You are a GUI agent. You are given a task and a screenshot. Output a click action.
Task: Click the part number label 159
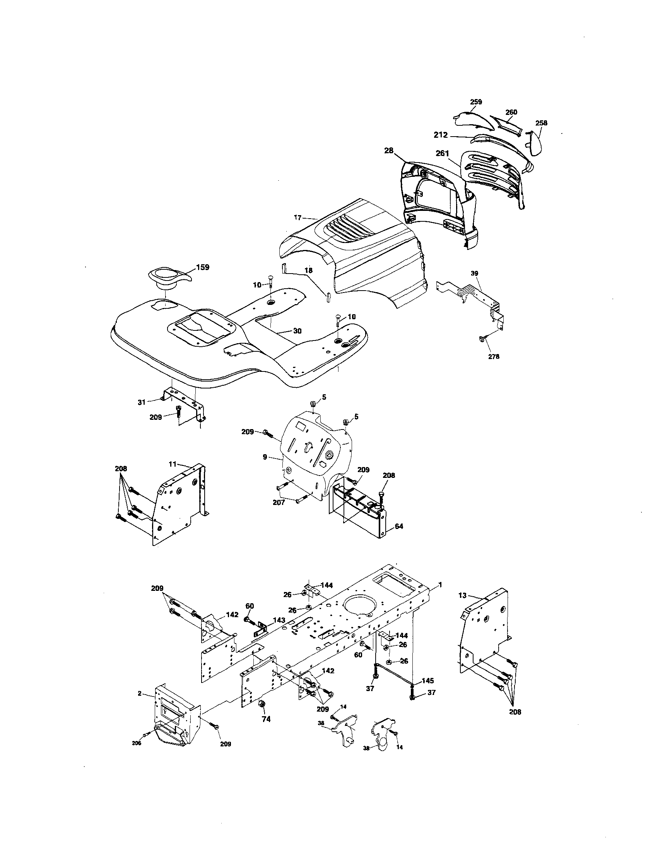coord(203,267)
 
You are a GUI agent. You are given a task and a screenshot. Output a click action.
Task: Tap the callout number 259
coord(476,102)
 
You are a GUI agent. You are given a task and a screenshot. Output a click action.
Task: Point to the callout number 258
coord(541,123)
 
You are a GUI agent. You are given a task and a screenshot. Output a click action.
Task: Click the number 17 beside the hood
coord(297,217)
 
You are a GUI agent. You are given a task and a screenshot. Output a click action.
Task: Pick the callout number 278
coord(494,356)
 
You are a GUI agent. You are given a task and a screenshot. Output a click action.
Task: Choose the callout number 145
coord(428,681)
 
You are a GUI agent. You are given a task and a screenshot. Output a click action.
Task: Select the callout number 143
coord(279,620)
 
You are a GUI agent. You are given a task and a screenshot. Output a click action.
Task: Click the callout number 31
coord(142,402)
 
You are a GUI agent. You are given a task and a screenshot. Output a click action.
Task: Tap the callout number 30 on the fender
coord(297,331)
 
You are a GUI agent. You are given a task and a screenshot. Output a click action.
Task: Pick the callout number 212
coord(441,135)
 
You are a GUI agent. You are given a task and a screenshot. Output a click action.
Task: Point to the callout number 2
coord(140,693)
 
